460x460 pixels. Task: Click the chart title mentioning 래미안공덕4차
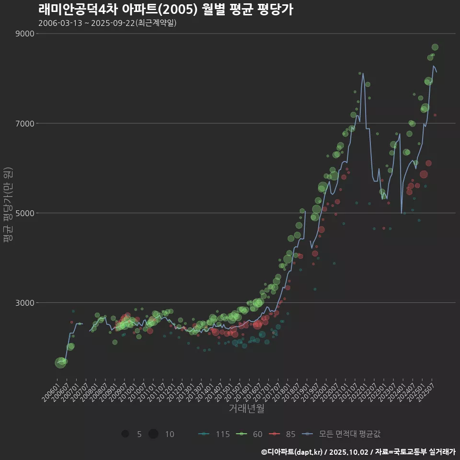tap(165, 10)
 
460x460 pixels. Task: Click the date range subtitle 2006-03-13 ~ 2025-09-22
tap(107, 23)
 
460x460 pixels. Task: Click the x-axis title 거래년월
tap(246, 409)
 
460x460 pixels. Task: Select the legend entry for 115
tap(214, 434)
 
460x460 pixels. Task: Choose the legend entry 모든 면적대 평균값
tap(342, 434)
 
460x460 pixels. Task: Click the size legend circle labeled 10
tap(153, 434)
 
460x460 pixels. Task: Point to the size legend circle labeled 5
tap(125, 434)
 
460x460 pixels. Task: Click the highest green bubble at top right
tap(435, 47)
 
